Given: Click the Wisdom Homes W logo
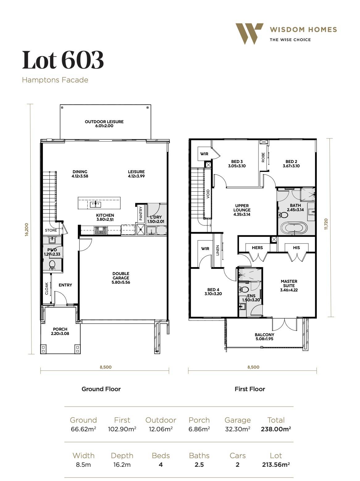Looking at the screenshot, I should pyautogui.click(x=249, y=33).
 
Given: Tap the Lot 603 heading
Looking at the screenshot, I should pyautogui.click(x=63, y=60).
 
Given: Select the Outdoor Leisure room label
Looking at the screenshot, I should pyautogui.click(x=104, y=123).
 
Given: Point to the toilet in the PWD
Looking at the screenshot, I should pyautogui.click(x=52, y=264).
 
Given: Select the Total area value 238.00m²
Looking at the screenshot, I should pyautogui.click(x=276, y=429).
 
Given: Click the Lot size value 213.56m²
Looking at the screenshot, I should pyautogui.click(x=276, y=464).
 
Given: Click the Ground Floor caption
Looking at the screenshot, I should pyautogui.click(x=101, y=389).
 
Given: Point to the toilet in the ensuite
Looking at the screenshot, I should pyautogui.click(x=245, y=290).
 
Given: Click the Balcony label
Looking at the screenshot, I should pyautogui.click(x=264, y=337).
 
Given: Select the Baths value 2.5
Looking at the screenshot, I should pyautogui.click(x=199, y=464).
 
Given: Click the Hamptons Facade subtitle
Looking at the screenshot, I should pyautogui.click(x=55, y=80).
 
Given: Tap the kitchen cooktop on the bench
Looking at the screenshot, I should pyautogui.click(x=100, y=230).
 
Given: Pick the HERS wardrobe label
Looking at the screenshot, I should pyautogui.click(x=257, y=248).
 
